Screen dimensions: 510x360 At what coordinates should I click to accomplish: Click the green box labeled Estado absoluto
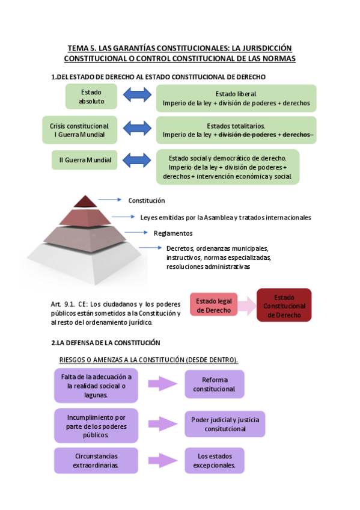click(x=91, y=97)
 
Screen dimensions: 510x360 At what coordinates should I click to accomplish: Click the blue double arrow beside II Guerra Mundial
click(x=137, y=160)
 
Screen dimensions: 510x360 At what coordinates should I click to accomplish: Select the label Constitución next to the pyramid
click(x=146, y=201)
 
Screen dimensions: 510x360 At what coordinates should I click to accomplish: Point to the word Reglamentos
click(x=173, y=233)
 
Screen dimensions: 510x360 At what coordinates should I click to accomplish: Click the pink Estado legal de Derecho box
click(x=213, y=306)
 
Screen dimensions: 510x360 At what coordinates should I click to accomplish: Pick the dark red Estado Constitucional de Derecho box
click(x=284, y=306)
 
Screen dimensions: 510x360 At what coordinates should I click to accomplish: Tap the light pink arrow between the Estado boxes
click(x=246, y=306)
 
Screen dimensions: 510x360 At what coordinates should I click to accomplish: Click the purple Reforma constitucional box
click(x=214, y=384)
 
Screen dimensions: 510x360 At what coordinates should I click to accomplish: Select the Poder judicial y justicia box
click(x=224, y=424)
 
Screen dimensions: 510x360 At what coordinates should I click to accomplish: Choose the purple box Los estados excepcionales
click(x=214, y=460)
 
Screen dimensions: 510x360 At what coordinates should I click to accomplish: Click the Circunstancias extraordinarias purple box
click(x=96, y=460)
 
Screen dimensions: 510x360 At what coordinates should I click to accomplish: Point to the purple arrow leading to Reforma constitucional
click(x=163, y=384)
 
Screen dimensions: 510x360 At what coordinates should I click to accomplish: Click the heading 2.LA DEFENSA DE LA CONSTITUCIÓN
click(x=106, y=343)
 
